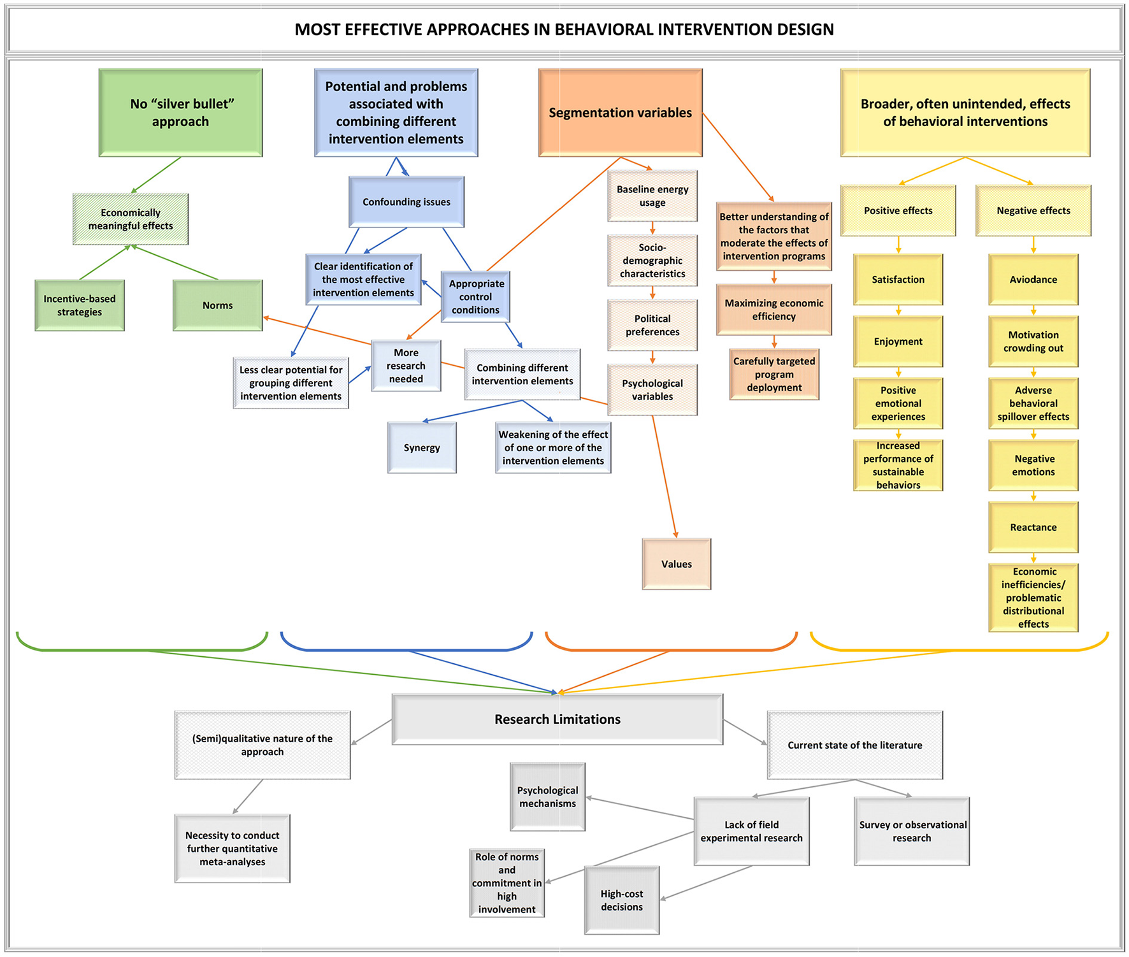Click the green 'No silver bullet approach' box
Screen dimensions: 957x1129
[x=180, y=113]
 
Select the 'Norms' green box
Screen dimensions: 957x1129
[x=217, y=305]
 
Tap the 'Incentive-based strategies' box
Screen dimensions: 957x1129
[x=80, y=305]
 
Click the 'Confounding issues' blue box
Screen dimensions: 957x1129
[x=406, y=202]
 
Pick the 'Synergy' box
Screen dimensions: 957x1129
[x=422, y=447]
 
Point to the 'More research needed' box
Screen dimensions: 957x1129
[x=406, y=366]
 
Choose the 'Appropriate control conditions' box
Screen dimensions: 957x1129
[x=475, y=296]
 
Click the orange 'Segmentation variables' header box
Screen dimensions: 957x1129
[x=620, y=113]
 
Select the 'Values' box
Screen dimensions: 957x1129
[x=676, y=564]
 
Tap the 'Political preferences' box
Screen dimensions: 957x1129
[x=652, y=325]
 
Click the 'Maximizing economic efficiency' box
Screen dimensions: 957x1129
[x=773, y=310]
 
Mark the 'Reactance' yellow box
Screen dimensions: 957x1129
[x=1033, y=527]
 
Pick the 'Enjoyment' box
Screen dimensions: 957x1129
[x=898, y=342]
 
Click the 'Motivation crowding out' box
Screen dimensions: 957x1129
[x=1033, y=342]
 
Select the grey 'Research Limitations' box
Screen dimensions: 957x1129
[x=557, y=719]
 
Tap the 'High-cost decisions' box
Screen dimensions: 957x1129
[x=621, y=900]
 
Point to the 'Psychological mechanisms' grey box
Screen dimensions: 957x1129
[x=547, y=796]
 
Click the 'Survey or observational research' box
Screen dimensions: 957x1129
[x=912, y=831]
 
